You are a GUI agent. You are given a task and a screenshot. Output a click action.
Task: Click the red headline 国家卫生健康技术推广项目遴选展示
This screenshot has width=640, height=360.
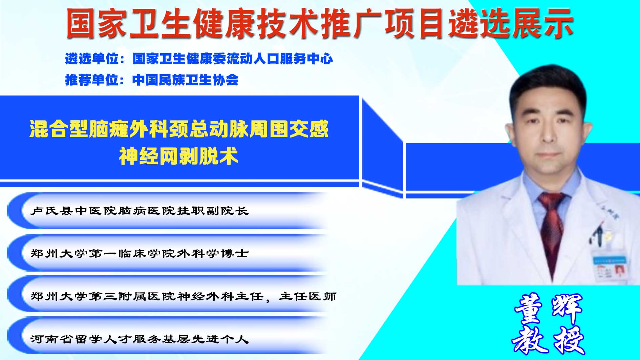coord(320,23)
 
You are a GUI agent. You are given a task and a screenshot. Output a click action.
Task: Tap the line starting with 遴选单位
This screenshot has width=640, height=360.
coord(199,59)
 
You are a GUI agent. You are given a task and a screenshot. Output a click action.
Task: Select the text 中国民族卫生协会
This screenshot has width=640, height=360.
coord(186,80)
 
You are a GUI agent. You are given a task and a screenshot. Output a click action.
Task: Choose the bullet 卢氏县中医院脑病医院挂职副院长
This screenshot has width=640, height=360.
coord(140,211)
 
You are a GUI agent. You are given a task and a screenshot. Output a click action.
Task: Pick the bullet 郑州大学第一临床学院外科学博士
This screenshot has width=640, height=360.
coord(140,253)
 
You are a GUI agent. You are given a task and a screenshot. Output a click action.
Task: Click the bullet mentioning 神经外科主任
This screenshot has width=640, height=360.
coord(183,296)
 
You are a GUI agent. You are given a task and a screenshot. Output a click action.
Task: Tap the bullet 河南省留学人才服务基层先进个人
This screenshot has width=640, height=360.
coord(140,339)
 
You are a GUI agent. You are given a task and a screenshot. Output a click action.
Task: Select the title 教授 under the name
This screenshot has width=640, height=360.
coord(549,340)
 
